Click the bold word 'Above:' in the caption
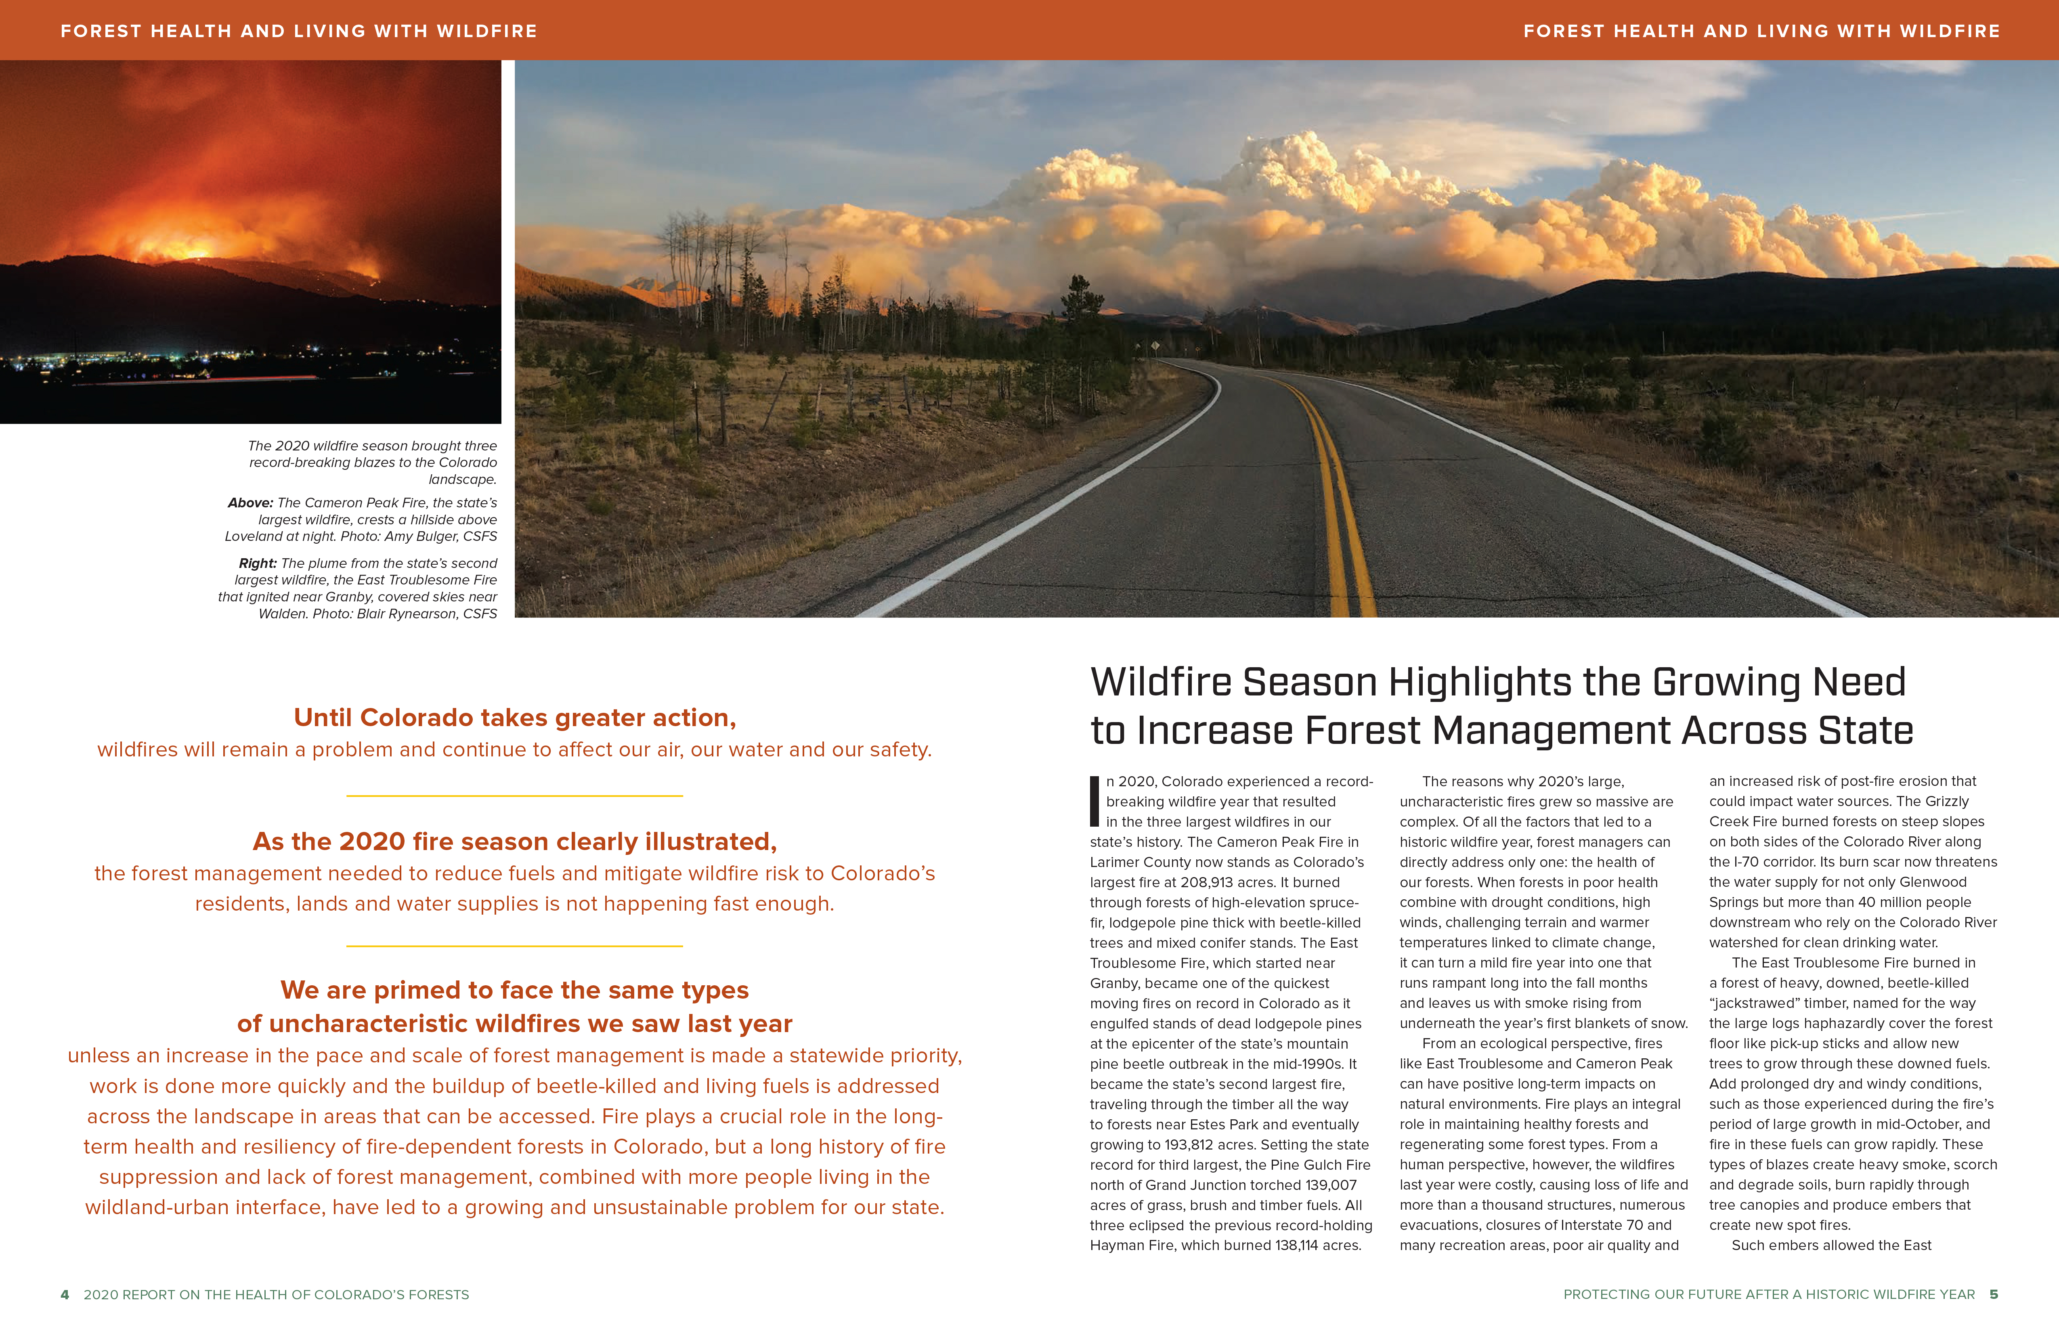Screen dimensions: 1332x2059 click(x=250, y=503)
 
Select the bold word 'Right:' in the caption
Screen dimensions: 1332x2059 click(x=258, y=563)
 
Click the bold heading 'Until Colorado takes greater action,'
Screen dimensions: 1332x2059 click(x=515, y=718)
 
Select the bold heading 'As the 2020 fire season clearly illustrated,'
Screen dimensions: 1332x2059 click(x=515, y=842)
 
